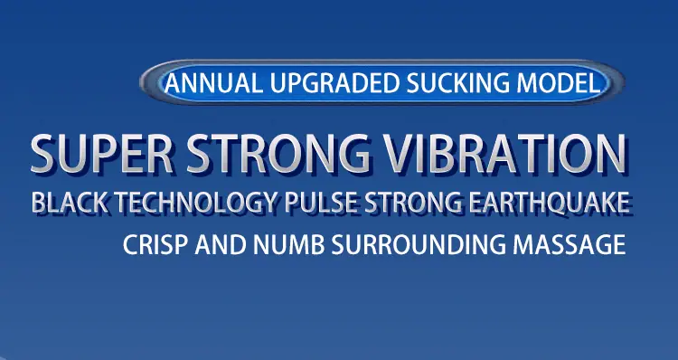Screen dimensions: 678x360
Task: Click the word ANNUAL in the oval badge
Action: (x=212, y=83)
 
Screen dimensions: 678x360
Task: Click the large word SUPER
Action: (x=102, y=154)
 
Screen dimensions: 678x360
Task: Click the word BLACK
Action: (x=70, y=202)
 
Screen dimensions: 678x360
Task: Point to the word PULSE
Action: (x=321, y=202)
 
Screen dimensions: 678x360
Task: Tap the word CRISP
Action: (x=155, y=244)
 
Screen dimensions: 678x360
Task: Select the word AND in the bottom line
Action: (x=221, y=244)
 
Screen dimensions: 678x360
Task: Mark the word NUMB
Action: (x=289, y=244)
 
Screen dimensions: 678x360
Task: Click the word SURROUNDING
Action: (x=419, y=244)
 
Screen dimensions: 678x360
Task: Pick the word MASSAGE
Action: (x=569, y=244)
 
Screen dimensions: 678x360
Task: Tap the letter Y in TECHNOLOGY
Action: (x=268, y=202)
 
